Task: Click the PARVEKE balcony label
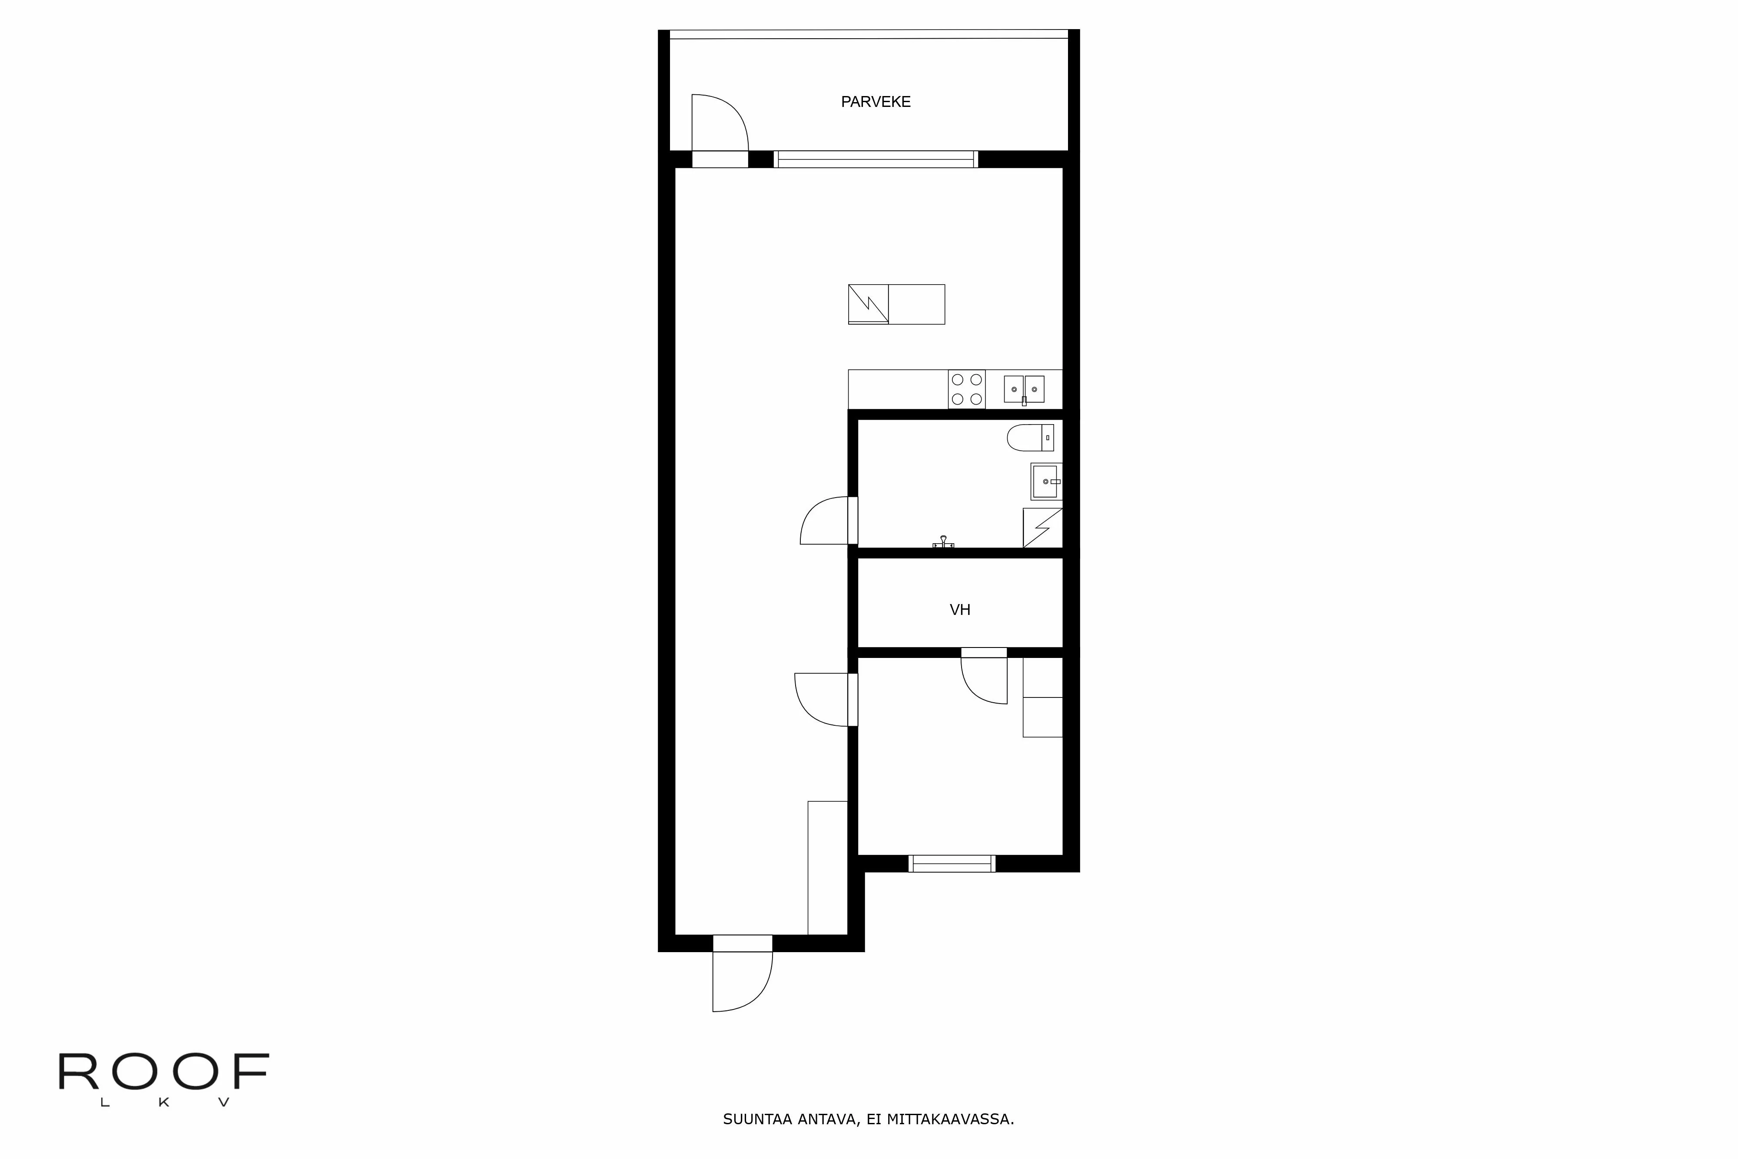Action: coord(876,102)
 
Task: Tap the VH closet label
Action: coord(959,610)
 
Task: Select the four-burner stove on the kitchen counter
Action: coord(966,389)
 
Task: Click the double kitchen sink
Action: coord(1023,389)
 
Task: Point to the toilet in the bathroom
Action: coord(1029,438)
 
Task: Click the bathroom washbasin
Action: coord(1045,481)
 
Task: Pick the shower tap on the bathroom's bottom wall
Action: coord(943,542)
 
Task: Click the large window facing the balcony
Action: coord(876,159)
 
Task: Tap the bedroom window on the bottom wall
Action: coord(951,863)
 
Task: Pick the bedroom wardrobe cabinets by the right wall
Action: coord(1042,697)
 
